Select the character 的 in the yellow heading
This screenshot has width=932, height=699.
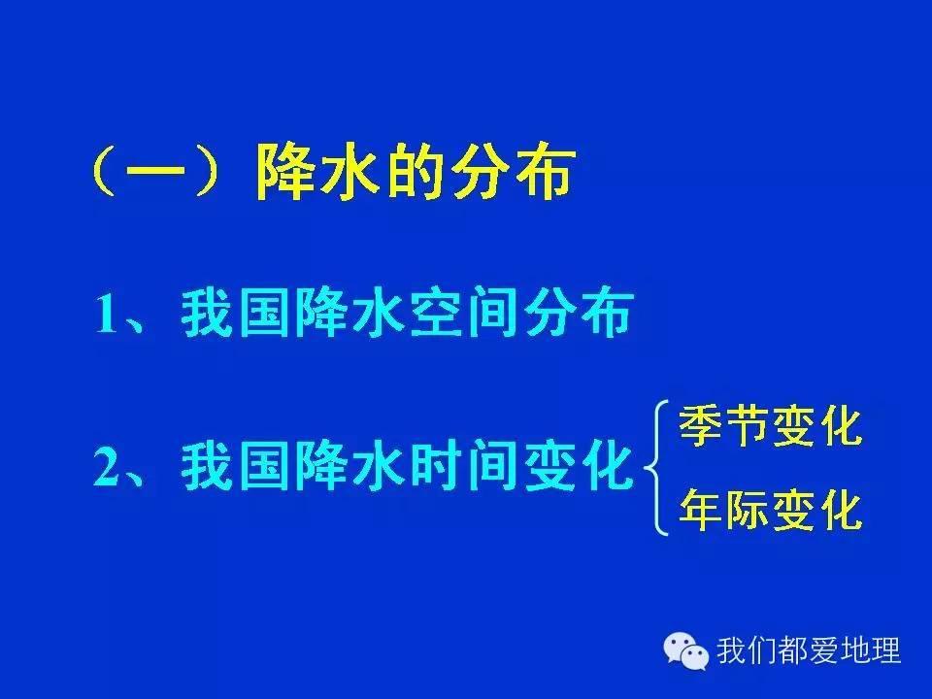[x=415, y=174]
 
